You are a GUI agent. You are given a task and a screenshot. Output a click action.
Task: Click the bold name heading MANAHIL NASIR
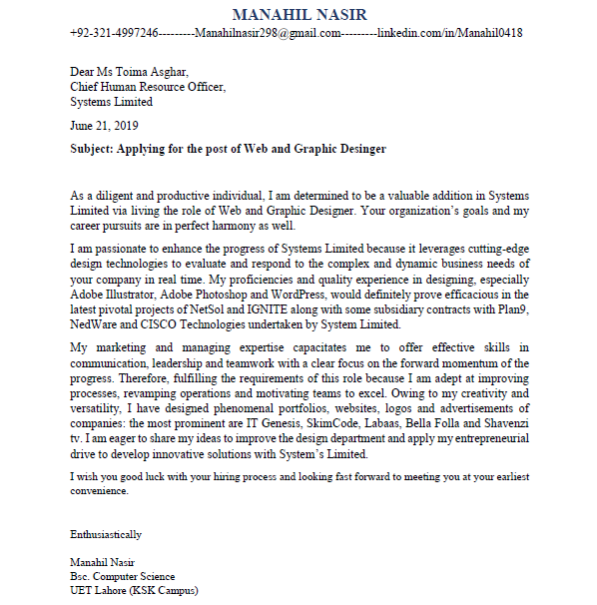pyautogui.click(x=298, y=15)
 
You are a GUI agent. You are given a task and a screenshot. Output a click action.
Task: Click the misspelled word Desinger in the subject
pyautogui.click(x=358, y=149)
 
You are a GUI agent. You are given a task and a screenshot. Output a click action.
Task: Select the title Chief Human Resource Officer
pyautogui.click(x=148, y=87)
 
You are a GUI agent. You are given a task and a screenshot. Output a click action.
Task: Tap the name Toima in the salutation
pyautogui.click(x=137, y=72)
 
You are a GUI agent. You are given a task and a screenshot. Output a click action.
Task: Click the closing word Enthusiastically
pyautogui.click(x=106, y=534)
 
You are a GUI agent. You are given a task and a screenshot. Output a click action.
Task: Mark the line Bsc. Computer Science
pyautogui.click(x=122, y=576)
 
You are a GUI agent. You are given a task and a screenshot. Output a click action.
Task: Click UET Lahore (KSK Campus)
pyautogui.click(x=134, y=590)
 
